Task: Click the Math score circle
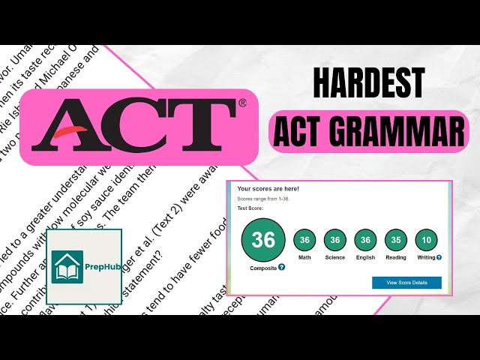(x=304, y=239)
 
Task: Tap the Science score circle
(x=335, y=239)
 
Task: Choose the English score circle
(x=365, y=239)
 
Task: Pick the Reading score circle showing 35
(x=395, y=239)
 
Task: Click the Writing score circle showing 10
(x=425, y=239)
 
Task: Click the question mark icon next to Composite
(x=281, y=267)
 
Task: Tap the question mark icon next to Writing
(x=439, y=257)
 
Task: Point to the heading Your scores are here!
(x=268, y=188)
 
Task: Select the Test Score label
(x=250, y=208)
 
